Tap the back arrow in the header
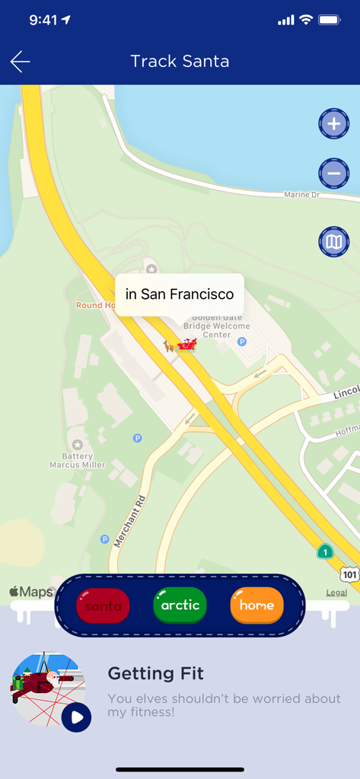[x=21, y=62]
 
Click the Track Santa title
[x=180, y=62]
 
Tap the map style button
[x=333, y=243]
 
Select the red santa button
[x=104, y=606]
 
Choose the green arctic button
[x=180, y=606]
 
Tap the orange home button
[x=256, y=606]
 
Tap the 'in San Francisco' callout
[x=180, y=294]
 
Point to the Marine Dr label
[x=301, y=195]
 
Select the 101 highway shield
[x=349, y=574]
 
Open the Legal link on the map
[x=336, y=593]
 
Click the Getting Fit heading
[x=155, y=673]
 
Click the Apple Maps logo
[x=31, y=592]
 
